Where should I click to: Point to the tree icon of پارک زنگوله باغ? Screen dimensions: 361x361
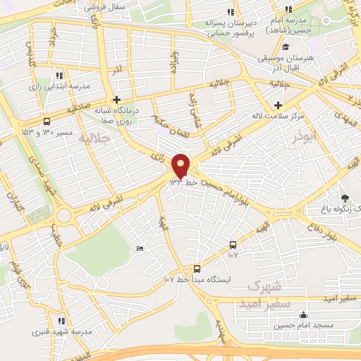click(345, 198)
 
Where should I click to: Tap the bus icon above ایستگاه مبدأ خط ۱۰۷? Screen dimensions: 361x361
click(197, 268)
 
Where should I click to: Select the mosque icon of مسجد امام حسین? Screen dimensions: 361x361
click(303, 315)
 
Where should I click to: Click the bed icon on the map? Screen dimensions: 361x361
click(140, 248)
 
